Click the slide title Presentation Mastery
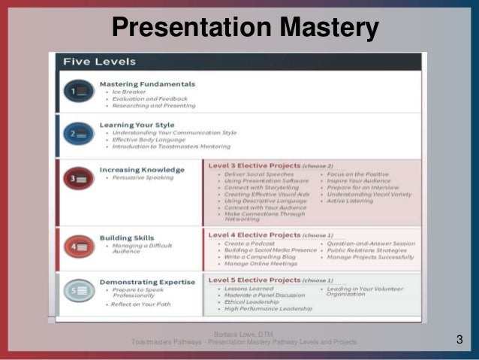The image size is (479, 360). pos(245,28)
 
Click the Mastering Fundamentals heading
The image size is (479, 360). pos(147,83)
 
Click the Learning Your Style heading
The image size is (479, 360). pos(137,125)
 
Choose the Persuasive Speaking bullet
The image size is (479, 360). pos(145,178)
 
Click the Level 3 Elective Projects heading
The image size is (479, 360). pos(253,164)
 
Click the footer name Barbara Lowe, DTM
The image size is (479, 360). pos(243,334)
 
